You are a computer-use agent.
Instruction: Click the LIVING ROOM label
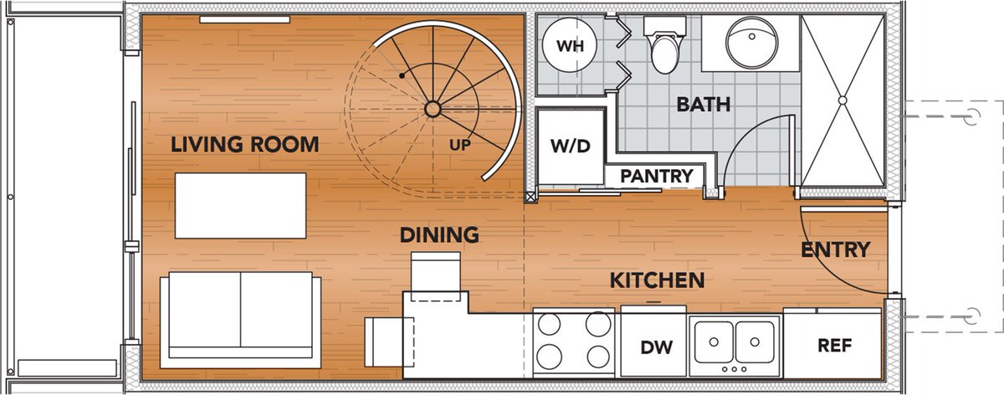coord(244,145)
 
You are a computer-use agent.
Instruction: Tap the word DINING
coord(439,235)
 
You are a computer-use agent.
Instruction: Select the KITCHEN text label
coord(657,280)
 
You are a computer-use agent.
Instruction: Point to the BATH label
coord(704,105)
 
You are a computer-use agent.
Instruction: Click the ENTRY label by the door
coord(836,249)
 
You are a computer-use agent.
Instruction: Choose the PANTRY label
coord(657,177)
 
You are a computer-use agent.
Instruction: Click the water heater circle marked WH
coord(570,45)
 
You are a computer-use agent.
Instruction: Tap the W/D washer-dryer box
coord(571,146)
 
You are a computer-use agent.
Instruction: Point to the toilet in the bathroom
coord(665,45)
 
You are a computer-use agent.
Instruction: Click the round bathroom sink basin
coord(751,43)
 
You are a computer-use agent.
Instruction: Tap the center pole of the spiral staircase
coord(433,109)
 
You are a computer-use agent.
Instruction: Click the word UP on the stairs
coord(460,146)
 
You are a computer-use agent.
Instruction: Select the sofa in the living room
coord(241,321)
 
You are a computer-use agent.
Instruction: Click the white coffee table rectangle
coord(241,206)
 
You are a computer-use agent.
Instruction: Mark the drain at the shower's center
coord(843,100)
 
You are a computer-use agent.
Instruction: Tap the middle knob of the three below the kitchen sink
coord(735,369)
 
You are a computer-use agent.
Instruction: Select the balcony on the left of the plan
coord(65,198)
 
